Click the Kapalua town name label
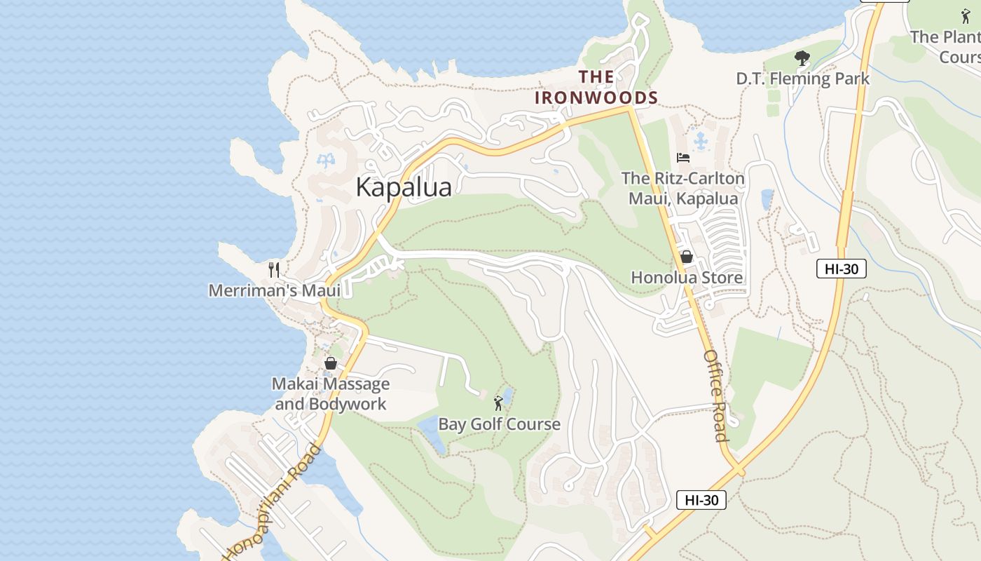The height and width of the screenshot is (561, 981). tap(404, 187)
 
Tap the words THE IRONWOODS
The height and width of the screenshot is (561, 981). tap(596, 88)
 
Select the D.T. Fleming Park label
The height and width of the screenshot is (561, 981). tap(802, 79)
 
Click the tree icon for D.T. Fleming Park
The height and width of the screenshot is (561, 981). tap(802, 58)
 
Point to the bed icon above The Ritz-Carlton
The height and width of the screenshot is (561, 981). tap(683, 158)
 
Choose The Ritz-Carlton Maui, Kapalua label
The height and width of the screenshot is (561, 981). tap(683, 189)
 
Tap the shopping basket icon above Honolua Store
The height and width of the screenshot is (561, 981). tap(687, 257)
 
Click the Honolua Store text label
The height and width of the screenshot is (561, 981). tap(687, 278)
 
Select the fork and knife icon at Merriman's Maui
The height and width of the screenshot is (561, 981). tap(275, 269)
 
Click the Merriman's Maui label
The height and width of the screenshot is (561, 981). tap(275, 290)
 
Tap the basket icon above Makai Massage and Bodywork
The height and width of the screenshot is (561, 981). tap(331, 363)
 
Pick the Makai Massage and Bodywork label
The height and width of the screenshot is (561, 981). tap(331, 394)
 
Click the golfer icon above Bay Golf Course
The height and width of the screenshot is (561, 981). tap(498, 403)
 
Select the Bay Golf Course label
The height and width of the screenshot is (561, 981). tap(499, 424)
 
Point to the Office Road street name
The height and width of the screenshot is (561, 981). tap(716, 396)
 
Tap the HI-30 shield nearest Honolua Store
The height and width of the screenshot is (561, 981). tap(841, 269)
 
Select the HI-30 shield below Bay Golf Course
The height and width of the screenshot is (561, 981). tap(701, 500)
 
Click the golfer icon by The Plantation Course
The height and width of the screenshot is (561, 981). tap(966, 16)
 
